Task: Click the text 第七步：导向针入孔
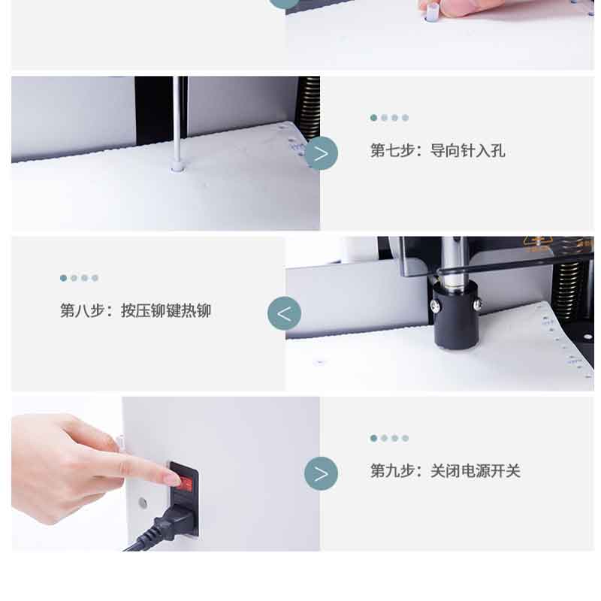(x=437, y=150)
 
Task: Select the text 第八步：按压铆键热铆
(x=135, y=310)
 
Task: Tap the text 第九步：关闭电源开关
(x=445, y=471)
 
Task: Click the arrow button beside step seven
(x=322, y=153)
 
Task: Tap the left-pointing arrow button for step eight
(x=285, y=313)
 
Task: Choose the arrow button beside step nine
(x=322, y=473)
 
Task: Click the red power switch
(x=185, y=484)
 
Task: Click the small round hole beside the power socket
(x=143, y=503)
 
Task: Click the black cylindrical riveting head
(x=456, y=314)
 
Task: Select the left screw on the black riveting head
(x=436, y=306)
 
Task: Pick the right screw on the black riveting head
(x=478, y=304)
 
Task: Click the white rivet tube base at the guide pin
(x=177, y=167)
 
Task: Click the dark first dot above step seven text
(x=373, y=118)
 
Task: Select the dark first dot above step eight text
(x=64, y=278)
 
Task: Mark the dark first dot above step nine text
(x=373, y=438)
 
